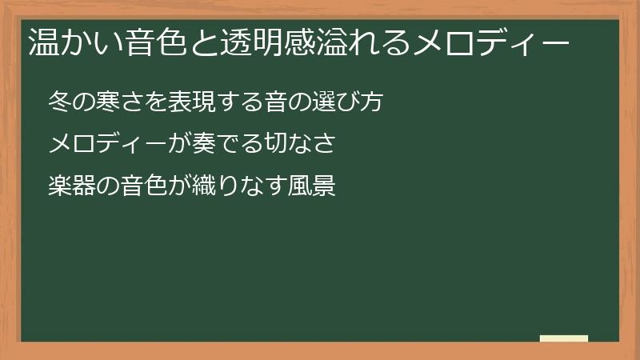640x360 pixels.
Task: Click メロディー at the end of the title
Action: pyautogui.click(x=490, y=42)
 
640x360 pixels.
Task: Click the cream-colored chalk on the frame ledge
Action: pyautogui.click(x=564, y=338)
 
